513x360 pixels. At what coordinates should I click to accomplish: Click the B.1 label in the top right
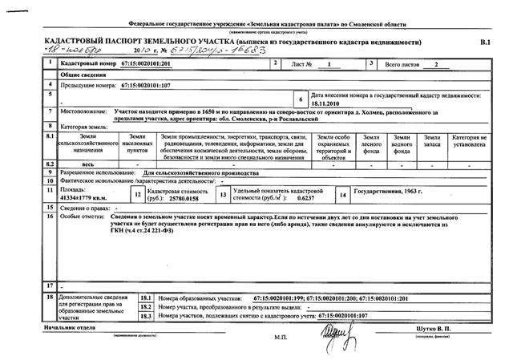483,41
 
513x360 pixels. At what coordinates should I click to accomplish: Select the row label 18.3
147,315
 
